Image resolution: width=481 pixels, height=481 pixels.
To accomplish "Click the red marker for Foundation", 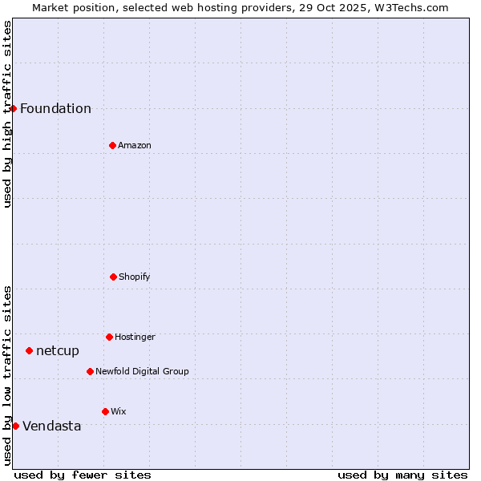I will [x=14, y=108].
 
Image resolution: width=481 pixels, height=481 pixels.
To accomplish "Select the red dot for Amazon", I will [x=112, y=145].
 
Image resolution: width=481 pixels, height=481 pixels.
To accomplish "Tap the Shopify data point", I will [x=113, y=277].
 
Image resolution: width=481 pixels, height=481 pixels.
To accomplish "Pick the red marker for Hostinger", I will [x=109, y=337].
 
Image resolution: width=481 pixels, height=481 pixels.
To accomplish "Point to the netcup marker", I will [x=29, y=350].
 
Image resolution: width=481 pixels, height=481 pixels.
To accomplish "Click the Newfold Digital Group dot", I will [x=90, y=371].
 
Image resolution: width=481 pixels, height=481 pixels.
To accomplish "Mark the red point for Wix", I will [x=105, y=411].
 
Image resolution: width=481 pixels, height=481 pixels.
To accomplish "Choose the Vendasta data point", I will [x=15, y=426].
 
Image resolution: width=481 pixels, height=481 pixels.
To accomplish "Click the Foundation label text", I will [x=55, y=109].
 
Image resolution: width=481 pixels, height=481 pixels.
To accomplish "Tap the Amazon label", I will [x=135, y=146].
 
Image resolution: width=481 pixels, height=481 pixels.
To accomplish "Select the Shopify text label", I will [x=135, y=277].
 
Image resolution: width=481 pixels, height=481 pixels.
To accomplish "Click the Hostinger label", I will [x=135, y=338].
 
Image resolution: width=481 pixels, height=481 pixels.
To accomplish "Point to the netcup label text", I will [x=58, y=351].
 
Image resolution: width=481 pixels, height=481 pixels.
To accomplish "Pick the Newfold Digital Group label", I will [x=142, y=372].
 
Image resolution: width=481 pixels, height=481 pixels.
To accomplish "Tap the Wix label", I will [x=119, y=412].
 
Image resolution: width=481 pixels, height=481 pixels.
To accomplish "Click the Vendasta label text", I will [x=52, y=426].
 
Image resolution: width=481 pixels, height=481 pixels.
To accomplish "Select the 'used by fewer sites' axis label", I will [x=83, y=475].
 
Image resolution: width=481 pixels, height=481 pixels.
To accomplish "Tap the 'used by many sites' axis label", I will [x=402, y=475].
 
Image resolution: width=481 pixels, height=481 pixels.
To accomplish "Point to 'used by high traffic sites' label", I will [x=7, y=114].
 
